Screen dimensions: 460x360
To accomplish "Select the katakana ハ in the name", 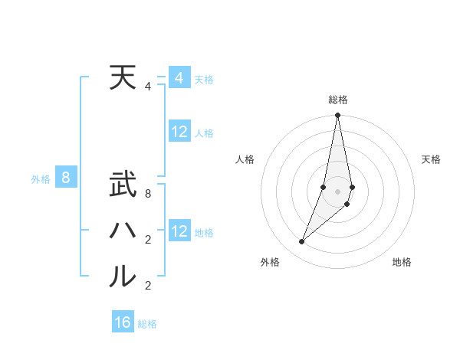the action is point(123,230).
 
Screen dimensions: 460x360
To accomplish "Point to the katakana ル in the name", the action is point(123,276).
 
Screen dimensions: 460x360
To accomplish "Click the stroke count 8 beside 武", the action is point(148,194).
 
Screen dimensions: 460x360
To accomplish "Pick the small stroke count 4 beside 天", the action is point(148,87).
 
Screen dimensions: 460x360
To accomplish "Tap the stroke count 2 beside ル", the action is point(148,286).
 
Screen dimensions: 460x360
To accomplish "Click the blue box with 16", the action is point(123,322).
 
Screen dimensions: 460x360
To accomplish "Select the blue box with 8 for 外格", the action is point(66,178).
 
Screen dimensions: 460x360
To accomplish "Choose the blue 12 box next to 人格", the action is point(179,132).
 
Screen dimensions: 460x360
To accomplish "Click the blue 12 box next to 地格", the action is point(179,231).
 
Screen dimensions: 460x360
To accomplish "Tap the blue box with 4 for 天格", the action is point(179,78).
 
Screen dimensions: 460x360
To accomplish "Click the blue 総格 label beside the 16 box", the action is point(147,324).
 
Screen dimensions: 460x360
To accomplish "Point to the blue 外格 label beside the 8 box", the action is point(41,179).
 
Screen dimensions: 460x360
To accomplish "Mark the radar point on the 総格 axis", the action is point(337,116).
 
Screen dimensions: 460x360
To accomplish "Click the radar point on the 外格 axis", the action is point(302,242).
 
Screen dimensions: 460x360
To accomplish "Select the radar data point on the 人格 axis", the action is point(324,187).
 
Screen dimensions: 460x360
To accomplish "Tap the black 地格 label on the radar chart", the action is point(402,262).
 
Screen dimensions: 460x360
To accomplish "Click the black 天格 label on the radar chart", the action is point(431,159).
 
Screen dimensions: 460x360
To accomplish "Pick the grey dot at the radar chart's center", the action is point(337,191).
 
